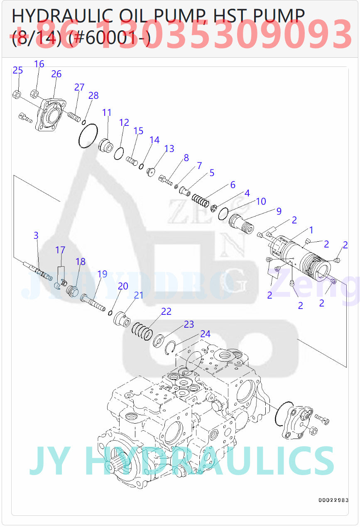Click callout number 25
pos(18,70)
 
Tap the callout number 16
pos(39,64)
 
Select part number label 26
pos(56,74)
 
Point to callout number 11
pos(107,113)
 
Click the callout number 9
pos(279,211)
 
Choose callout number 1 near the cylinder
pos(311,230)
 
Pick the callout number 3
pos(36,235)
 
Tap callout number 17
pos(60,250)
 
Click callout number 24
pos(205,334)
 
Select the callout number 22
pos(166,311)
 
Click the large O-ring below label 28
pos(88,135)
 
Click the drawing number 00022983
pos(333,500)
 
